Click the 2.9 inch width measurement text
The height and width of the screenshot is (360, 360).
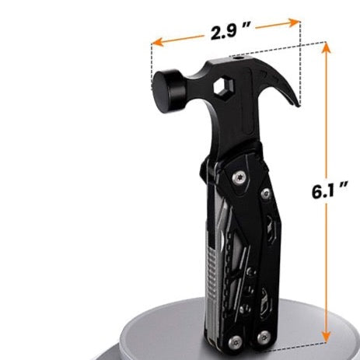[x=230, y=30]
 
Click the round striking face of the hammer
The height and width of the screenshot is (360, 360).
[x=163, y=92]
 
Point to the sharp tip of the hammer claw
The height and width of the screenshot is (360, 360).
[x=299, y=106]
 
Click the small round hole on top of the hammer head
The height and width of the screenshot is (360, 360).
[x=238, y=58]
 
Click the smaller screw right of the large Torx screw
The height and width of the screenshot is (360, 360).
[x=266, y=194]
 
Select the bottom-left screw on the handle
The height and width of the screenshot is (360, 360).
[x=236, y=343]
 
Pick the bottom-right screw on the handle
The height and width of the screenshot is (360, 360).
[x=264, y=337]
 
